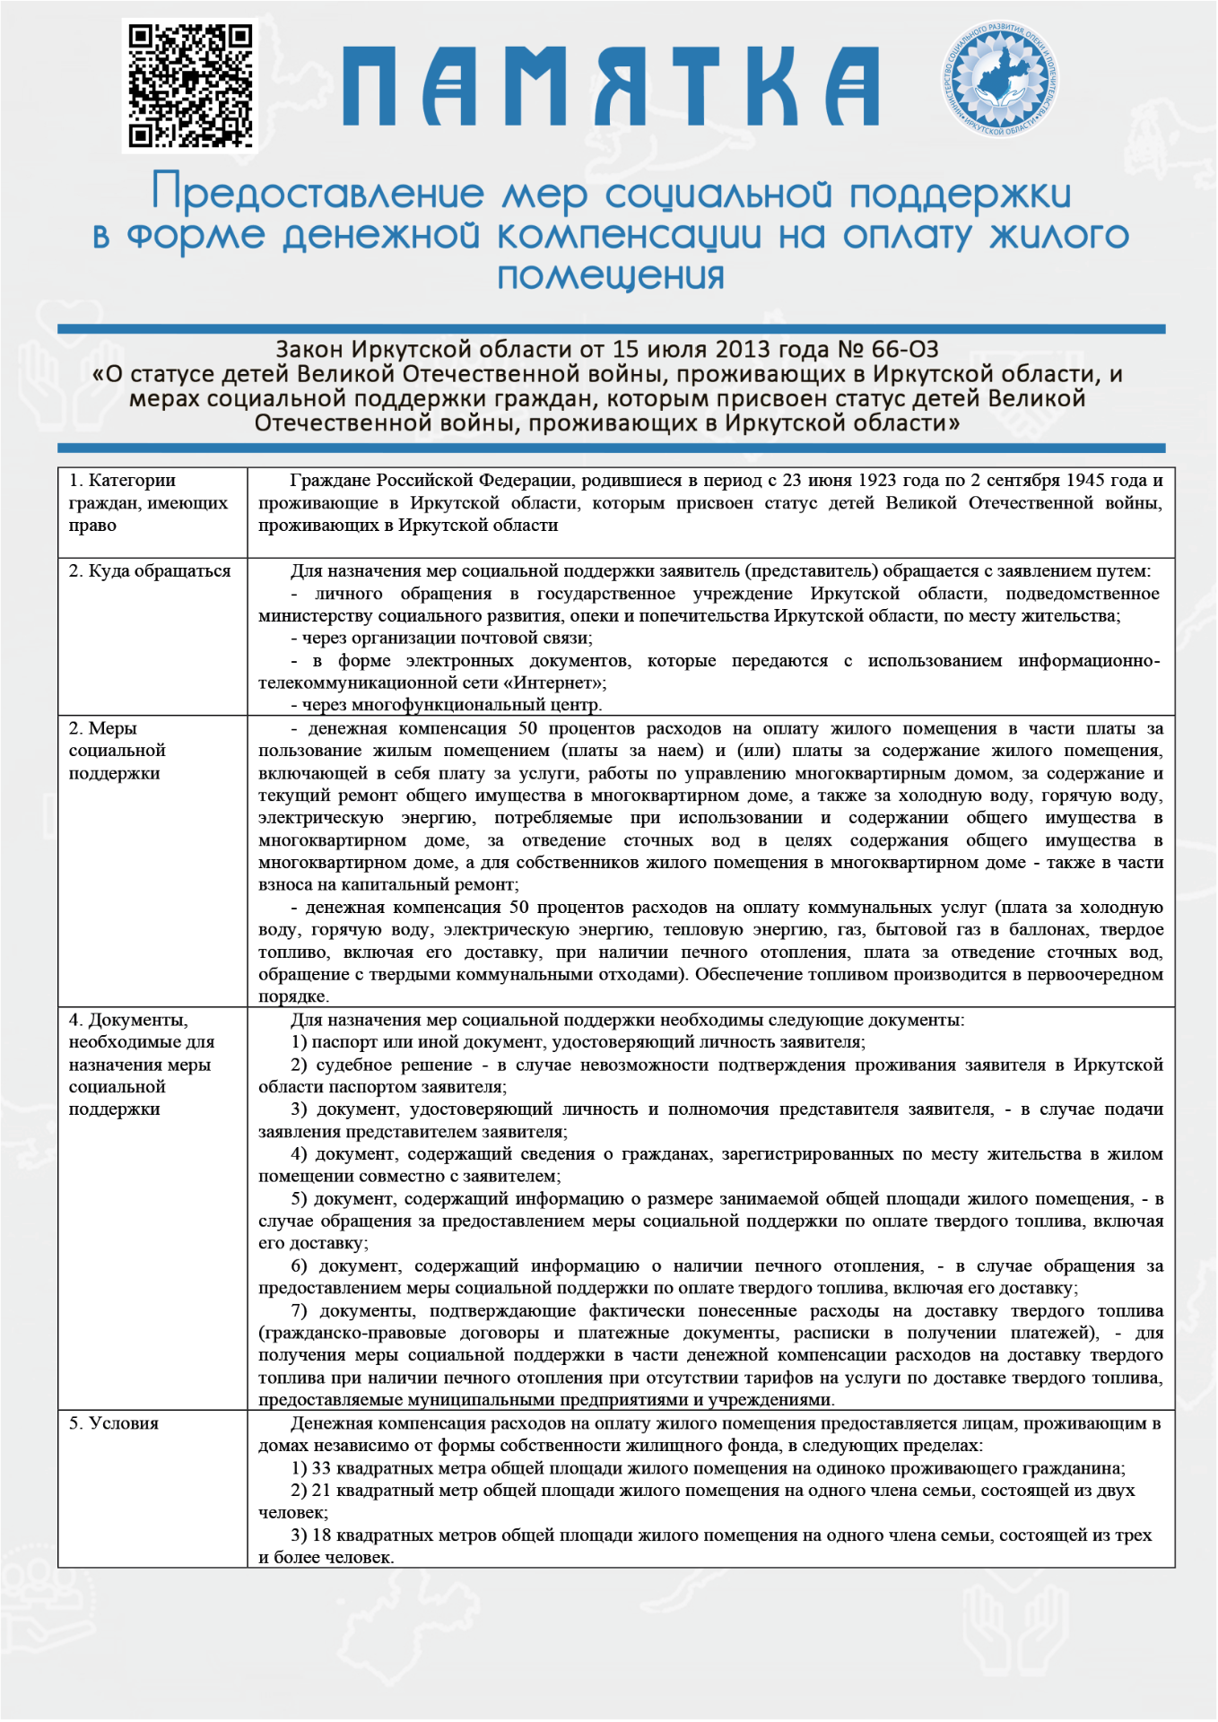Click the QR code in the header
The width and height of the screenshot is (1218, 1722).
(x=190, y=85)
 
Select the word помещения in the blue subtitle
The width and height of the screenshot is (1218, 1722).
(x=611, y=275)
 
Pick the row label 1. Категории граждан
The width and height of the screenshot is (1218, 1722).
(x=148, y=502)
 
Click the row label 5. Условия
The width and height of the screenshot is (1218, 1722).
(x=114, y=1423)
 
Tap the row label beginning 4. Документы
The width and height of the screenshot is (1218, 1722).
(x=141, y=1065)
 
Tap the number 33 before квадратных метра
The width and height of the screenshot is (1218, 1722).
(x=321, y=1468)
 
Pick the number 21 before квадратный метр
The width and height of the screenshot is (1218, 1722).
(x=321, y=1491)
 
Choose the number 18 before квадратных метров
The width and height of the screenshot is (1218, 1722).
(x=321, y=1535)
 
